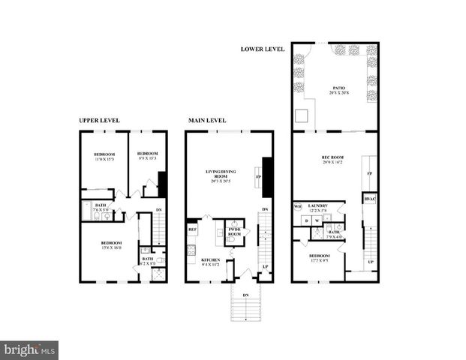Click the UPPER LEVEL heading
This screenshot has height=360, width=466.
tap(100, 120)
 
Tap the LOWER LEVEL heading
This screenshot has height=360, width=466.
tap(263, 49)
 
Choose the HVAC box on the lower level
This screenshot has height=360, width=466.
tap(369, 199)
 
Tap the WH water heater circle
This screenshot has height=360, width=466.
tap(298, 206)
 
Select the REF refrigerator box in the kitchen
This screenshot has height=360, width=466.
tap(192, 229)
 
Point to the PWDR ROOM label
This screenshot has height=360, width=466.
tap(235, 232)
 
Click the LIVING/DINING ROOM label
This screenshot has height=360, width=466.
tap(221, 176)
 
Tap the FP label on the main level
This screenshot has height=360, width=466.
tap(259, 177)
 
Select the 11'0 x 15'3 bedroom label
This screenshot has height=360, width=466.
tap(104, 156)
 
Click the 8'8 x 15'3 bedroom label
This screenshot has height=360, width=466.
tap(147, 156)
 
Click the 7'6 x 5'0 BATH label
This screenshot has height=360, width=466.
tap(100, 208)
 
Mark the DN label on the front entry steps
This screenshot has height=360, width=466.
tap(245, 295)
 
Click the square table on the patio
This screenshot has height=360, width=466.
tap(302, 116)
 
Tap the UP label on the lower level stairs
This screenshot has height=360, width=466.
tap(370, 261)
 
